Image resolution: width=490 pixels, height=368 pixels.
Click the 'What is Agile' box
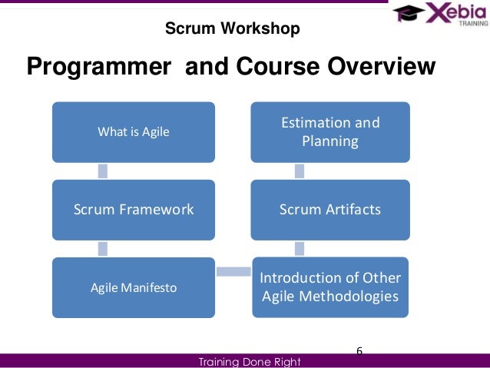(x=134, y=131)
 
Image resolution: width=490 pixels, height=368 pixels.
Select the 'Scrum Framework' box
(x=134, y=209)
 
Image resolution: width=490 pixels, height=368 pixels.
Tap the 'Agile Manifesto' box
(x=134, y=288)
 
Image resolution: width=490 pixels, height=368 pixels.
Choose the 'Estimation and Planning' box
(x=330, y=131)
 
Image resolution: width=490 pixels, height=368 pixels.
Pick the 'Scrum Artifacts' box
(x=330, y=209)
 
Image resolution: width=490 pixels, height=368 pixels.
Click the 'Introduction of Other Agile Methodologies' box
(x=330, y=287)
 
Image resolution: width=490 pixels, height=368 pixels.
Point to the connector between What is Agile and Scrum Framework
(x=102, y=171)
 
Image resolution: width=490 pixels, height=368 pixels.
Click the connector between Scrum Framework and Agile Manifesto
(x=102, y=248)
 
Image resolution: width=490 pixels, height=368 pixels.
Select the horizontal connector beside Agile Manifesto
(x=233, y=270)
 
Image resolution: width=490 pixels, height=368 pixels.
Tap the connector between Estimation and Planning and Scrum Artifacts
(x=300, y=171)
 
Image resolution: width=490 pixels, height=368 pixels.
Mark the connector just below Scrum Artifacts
(x=300, y=248)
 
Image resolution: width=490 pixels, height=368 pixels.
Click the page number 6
(x=359, y=351)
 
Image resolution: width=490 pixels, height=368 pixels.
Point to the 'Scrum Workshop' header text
(x=233, y=30)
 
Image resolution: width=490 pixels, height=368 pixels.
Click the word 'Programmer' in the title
(x=98, y=68)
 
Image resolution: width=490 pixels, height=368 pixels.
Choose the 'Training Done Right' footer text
(x=249, y=361)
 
